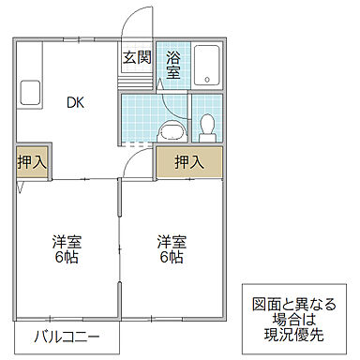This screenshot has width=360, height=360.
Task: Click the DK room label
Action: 75,104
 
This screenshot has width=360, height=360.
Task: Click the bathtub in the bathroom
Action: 208,65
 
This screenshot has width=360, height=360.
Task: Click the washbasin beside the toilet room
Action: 171,128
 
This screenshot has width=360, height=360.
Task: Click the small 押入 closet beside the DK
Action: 31,161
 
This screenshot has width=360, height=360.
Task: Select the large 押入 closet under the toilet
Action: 189,161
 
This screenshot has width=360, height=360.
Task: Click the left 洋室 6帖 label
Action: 65,248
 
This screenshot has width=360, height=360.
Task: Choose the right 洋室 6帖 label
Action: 170,248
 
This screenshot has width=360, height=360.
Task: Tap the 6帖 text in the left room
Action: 65,257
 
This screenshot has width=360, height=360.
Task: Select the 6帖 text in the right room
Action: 170,257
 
